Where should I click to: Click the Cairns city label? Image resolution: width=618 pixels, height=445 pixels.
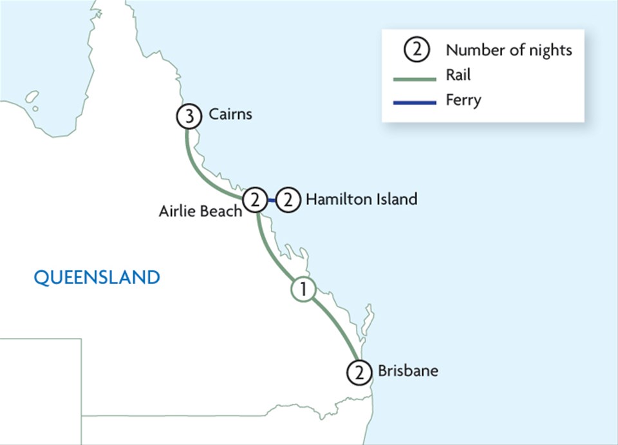coord(230,115)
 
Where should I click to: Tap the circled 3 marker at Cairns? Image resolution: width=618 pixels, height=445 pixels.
coord(187,117)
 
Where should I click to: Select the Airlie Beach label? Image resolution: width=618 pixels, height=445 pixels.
coord(200,211)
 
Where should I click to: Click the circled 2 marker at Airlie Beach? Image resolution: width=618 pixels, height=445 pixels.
coord(256,200)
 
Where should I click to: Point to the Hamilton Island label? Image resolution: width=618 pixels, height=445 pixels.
coord(361,199)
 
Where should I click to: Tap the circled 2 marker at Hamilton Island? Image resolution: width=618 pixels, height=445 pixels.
coord(288,200)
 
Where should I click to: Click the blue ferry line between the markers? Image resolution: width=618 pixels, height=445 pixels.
coord(272,200)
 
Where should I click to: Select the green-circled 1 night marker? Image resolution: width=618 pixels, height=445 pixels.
coord(303,289)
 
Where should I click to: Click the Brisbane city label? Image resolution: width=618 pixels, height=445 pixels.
coord(407,371)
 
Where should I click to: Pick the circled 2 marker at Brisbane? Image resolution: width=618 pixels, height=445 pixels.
coord(358,372)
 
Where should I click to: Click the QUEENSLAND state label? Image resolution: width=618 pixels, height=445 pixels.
coord(97,278)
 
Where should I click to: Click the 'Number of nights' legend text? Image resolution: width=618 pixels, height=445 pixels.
coord(509,50)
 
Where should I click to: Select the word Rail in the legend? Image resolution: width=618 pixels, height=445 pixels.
coord(458,75)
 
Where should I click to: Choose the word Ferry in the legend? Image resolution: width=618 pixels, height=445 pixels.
coord(463,100)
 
